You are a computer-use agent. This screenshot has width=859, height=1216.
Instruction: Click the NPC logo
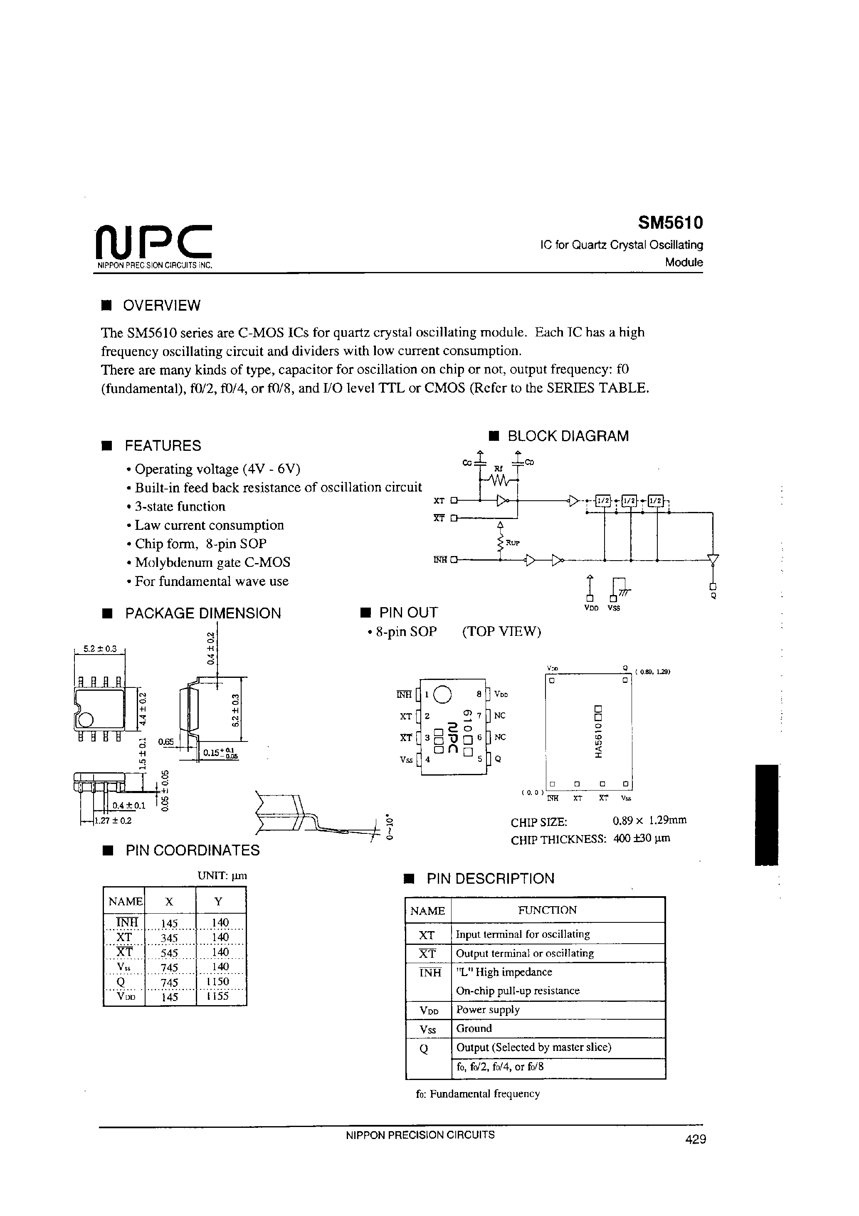[153, 242]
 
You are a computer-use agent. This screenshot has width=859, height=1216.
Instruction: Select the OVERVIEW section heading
[161, 306]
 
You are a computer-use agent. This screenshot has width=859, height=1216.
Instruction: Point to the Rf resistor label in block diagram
[497, 469]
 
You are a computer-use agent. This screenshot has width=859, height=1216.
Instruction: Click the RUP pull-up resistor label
[513, 543]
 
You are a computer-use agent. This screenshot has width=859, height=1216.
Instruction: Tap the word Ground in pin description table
[474, 1028]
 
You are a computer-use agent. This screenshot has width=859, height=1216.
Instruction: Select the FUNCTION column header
[547, 910]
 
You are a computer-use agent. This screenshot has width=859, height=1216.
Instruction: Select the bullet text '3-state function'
[180, 506]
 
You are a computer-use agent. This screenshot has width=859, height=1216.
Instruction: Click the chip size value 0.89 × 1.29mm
[649, 821]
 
